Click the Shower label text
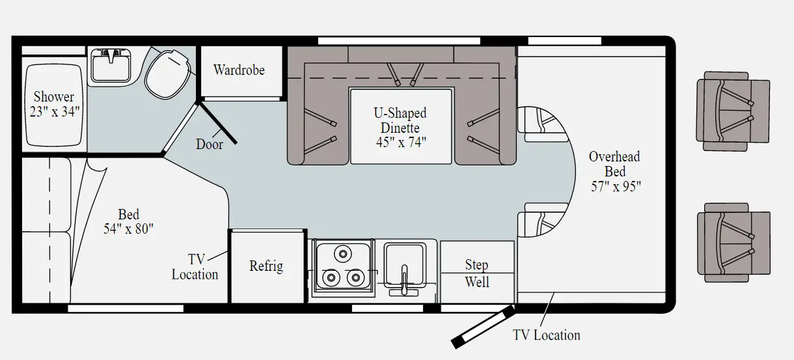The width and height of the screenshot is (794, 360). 54,97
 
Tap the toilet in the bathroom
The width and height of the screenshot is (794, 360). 167,73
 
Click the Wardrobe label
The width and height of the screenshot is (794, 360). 239,70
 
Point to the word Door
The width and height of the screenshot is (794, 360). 210,145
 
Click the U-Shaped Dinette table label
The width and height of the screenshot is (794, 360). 400,120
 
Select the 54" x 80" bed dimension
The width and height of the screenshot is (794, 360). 128,228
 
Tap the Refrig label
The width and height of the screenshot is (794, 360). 266,266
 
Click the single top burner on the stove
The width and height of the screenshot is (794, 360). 342,252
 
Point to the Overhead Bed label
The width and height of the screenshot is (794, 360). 614,164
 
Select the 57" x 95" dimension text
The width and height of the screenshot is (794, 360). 615,186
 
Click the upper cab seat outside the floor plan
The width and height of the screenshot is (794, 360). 733,111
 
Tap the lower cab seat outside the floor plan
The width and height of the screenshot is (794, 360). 733,242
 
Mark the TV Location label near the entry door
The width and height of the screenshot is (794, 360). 546,335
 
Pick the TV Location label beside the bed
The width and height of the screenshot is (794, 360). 195,267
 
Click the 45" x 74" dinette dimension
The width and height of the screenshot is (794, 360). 400,142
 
